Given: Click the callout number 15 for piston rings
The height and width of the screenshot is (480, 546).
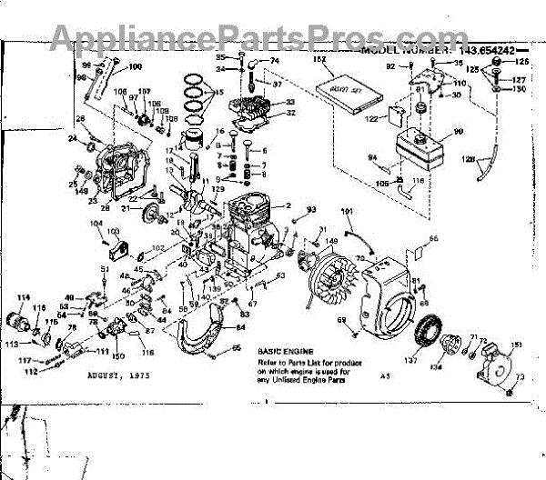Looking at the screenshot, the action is tap(218, 93).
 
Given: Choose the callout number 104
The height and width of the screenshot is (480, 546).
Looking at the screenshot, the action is tap(96, 223).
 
